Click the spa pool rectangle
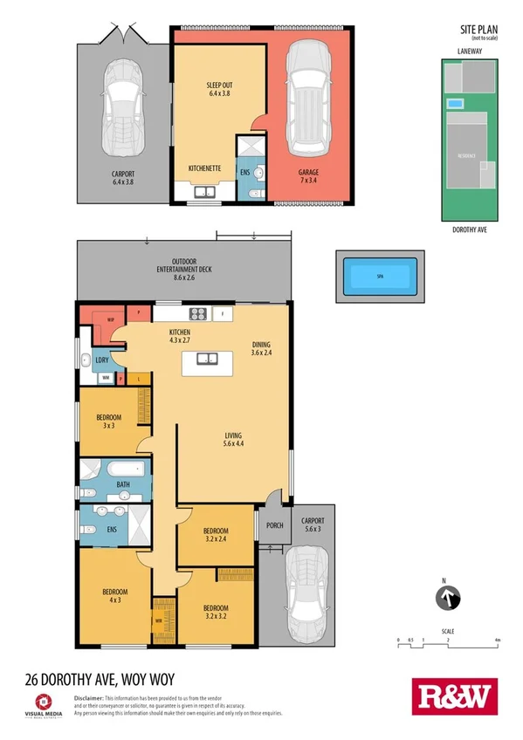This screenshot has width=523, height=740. point(379,277)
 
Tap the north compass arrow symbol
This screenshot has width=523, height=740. point(447,600)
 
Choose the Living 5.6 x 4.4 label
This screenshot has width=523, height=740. point(232,441)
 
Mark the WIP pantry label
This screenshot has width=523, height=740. point(112,319)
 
